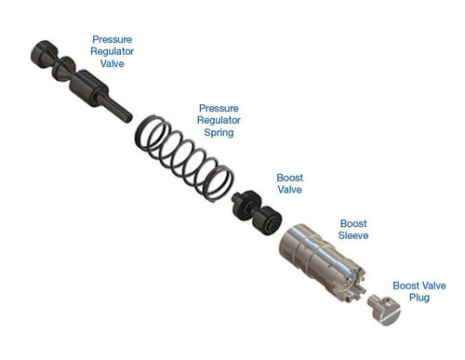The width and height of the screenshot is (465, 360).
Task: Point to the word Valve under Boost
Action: pyautogui.click(x=289, y=191)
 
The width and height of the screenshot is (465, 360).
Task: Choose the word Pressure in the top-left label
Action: pyautogui.click(x=111, y=39)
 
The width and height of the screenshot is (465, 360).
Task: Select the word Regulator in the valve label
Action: pyautogui.click(x=111, y=53)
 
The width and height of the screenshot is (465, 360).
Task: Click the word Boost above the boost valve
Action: pyautogui.click(x=289, y=178)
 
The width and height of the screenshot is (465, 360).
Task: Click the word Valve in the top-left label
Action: pyautogui.click(x=111, y=66)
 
